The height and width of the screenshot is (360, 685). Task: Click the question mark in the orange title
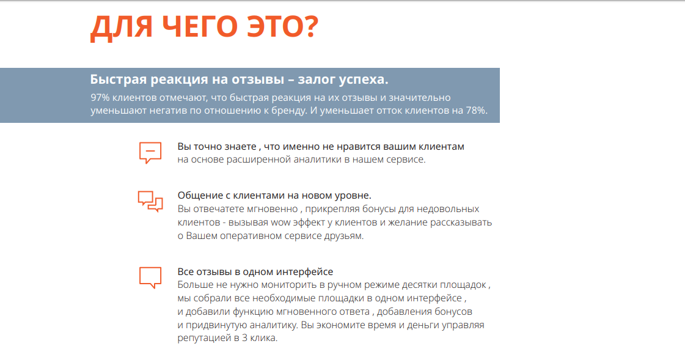307,28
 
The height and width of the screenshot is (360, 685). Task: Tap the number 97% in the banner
101,98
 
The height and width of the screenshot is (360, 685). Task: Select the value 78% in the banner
475,111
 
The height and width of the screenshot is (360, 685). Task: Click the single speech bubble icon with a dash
150,152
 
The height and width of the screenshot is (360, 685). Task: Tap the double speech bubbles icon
150,200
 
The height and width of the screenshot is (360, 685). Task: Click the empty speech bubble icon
150,277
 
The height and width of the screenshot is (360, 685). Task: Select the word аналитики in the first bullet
310,160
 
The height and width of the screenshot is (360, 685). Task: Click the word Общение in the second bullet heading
198,196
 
